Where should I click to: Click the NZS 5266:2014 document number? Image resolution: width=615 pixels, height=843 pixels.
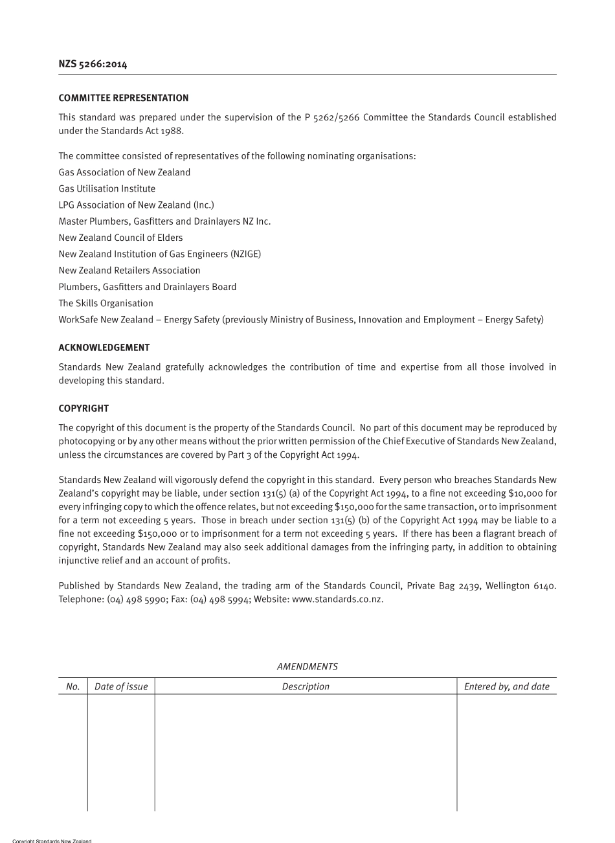coord(93,63)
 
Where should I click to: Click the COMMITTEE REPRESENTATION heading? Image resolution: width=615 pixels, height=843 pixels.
coord(124,98)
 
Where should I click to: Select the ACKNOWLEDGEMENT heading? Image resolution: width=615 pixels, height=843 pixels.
coord(104,348)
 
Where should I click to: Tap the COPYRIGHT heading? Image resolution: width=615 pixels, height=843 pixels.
coord(84,409)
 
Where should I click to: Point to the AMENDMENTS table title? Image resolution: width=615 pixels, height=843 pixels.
coord(307,666)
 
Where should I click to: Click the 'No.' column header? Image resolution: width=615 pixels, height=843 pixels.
coord(73,686)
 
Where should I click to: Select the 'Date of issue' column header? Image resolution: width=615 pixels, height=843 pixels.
coord(121,686)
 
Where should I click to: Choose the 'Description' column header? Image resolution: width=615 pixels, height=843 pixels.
coord(306,686)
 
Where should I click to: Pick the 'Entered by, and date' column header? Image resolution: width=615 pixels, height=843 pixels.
coord(506,686)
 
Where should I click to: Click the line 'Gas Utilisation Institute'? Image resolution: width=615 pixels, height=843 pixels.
coord(107,188)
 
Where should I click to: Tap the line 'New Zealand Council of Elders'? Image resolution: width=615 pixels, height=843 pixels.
coord(120,238)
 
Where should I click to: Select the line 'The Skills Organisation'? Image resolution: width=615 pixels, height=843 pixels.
coord(106,303)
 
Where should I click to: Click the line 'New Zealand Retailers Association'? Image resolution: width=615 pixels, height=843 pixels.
coord(129,270)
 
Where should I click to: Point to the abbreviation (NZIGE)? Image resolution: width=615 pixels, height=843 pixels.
coord(245,254)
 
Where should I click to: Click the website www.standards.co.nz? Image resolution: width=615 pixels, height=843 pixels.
coord(337,599)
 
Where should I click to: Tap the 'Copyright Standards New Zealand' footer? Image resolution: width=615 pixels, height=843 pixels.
coord(52,840)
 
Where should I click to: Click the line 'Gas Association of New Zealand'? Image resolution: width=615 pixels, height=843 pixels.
coord(124,172)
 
